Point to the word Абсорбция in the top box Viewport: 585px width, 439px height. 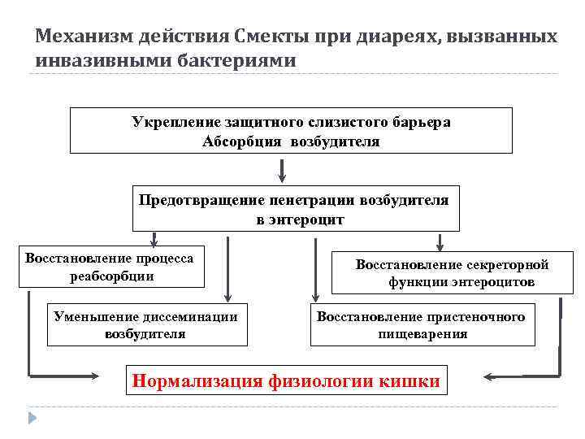pos(239,141)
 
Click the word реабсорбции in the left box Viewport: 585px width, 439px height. pos(112,276)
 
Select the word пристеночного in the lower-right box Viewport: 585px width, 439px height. pos(479,316)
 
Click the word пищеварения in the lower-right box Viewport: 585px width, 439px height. pos(422,333)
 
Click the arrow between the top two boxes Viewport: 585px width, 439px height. pos(282,169)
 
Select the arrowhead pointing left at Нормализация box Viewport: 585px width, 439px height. pos(489,376)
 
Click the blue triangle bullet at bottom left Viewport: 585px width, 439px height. pos(32,418)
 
